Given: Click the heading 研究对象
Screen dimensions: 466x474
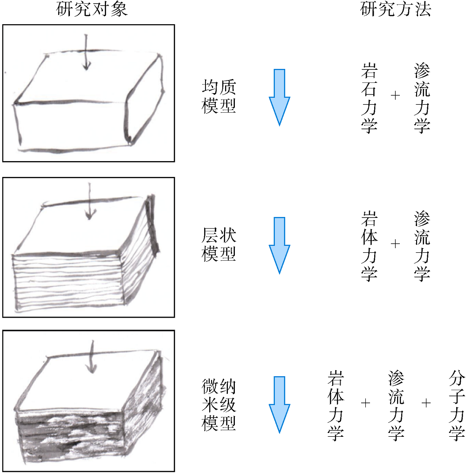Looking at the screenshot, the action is (92, 9).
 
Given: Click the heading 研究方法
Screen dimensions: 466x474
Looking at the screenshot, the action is (396, 9).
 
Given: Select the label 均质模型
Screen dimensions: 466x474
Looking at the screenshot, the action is (219, 96).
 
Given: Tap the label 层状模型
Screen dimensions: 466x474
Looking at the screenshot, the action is (219, 244).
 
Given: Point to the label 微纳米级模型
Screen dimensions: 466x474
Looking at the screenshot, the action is (219, 405).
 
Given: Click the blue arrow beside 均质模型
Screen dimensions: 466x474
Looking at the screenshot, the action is (279, 97).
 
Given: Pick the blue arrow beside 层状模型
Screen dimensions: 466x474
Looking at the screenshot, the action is (279, 245).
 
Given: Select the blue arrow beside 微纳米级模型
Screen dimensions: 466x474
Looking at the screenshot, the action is (279, 405).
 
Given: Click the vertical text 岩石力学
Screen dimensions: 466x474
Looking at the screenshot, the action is (369, 98).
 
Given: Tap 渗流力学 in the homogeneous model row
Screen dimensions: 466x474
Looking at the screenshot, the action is (422, 98).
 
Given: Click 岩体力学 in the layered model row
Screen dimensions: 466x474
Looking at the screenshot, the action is (369, 246).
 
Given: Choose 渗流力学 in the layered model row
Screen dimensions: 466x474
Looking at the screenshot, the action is (422, 246).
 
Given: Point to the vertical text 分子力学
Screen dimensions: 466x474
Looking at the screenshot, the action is (457, 406).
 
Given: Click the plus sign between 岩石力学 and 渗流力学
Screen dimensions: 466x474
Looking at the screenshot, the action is (395, 95).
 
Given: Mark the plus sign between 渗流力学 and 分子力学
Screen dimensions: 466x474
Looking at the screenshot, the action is (426, 403).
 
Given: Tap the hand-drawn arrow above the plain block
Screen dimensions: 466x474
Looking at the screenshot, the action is (86, 52).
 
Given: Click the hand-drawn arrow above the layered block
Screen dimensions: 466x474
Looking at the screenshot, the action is (89, 201).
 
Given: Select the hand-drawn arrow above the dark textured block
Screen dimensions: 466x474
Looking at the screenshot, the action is (92, 357).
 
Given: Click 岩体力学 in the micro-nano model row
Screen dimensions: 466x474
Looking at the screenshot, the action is (336, 406).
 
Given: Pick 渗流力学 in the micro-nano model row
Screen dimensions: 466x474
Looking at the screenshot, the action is (396, 406).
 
